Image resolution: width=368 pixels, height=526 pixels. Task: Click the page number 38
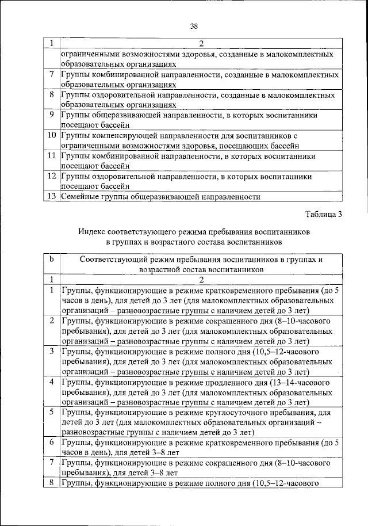pos(194,26)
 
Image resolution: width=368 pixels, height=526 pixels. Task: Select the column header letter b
pos(51,260)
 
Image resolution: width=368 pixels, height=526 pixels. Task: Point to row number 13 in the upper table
pos(51,196)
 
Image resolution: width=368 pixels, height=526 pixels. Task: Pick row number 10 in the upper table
pos(51,135)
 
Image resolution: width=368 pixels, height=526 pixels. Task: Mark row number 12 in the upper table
pos(51,176)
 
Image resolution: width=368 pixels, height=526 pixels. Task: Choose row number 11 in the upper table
pos(51,155)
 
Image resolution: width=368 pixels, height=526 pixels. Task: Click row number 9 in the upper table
pos(51,115)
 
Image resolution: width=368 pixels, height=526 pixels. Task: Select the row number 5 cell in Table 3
pos(51,412)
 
